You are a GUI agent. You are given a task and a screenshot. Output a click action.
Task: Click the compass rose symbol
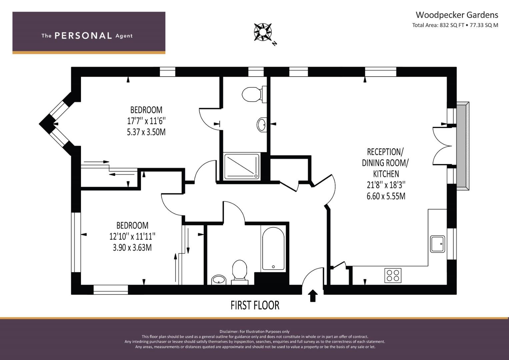pyautogui.click(x=262, y=32)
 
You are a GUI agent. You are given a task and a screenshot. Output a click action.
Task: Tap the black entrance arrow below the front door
pyautogui.click(x=313, y=296)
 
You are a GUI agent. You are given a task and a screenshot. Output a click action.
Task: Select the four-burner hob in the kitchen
pyautogui.click(x=393, y=275)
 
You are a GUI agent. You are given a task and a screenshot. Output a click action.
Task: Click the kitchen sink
pyautogui.click(x=437, y=244)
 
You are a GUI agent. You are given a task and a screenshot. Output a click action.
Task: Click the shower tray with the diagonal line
pyautogui.click(x=242, y=167)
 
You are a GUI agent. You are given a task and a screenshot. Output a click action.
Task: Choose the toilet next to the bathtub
pyautogui.click(x=240, y=272)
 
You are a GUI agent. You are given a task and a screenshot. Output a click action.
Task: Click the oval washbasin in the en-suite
pyautogui.click(x=262, y=125)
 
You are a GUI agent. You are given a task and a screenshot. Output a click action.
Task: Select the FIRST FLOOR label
pyautogui.click(x=255, y=305)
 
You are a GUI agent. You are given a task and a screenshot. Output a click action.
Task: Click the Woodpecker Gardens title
pyautogui.click(x=457, y=15)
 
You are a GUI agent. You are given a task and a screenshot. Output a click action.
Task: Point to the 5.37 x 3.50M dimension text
pyautogui.click(x=146, y=132)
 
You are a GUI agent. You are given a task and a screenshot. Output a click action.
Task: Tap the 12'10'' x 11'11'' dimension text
pyautogui.click(x=132, y=236)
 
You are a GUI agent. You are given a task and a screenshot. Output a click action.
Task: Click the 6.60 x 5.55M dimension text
pyautogui.click(x=386, y=196)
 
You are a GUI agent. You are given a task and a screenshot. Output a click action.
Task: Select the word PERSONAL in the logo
pyautogui.click(x=83, y=36)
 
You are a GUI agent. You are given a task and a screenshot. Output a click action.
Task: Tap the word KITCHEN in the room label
pyautogui.click(x=386, y=174)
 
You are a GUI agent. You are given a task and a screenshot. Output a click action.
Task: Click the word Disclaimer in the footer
pyautogui.click(x=229, y=332)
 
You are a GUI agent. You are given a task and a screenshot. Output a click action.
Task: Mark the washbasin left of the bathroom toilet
pyautogui.click(x=219, y=280)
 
